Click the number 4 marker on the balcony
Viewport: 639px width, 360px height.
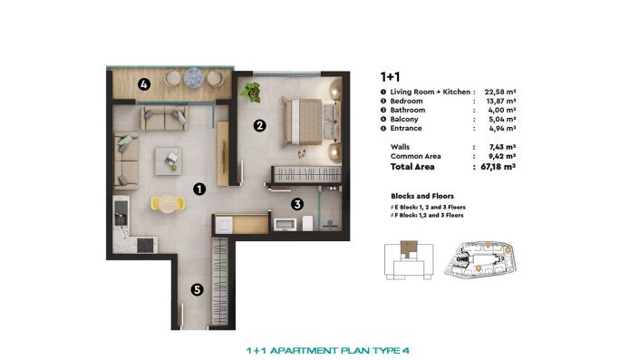pos(143,85)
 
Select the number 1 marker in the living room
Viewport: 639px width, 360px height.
pos(198,189)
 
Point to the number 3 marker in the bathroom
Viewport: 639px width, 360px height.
pos(296,205)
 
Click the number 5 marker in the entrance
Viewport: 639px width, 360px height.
pos(195,289)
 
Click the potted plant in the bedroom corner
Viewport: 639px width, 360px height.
pos(251,91)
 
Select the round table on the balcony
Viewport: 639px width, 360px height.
pos(195,79)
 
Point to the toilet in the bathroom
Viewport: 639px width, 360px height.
pos(308,224)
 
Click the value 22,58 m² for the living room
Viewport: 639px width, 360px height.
pos(499,92)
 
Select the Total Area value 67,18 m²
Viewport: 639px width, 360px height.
pos(498,167)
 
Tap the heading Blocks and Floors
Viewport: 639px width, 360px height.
pos(421,196)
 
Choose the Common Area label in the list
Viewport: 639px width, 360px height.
pos(412,156)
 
